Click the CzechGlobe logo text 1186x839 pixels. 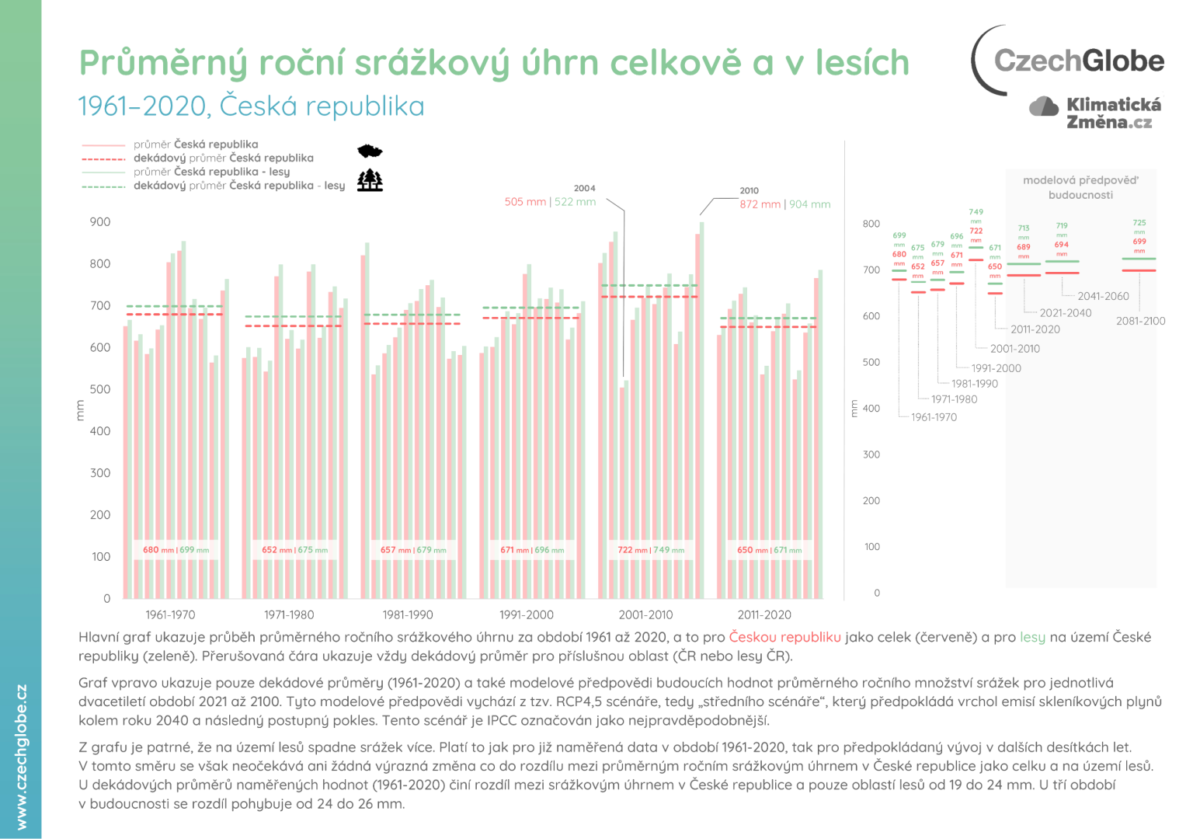(x=1078, y=61)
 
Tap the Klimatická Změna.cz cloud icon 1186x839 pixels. (x=1043, y=106)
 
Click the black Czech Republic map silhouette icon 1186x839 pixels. (x=370, y=151)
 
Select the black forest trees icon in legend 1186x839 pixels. (x=370, y=180)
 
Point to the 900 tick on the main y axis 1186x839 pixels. (x=100, y=222)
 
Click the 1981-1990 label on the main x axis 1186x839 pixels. (x=408, y=614)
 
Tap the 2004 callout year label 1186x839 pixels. (x=584, y=188)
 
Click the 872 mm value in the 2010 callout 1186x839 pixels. (x=760, y=204)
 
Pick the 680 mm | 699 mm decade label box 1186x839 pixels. (x=176, y=550)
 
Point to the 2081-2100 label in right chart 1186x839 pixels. (x=1140, y=321)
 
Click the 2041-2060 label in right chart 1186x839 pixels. (x=1103, y=296)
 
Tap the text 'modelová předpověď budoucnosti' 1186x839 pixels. (x=1080, y=187)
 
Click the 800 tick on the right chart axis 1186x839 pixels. (x=871, y=224)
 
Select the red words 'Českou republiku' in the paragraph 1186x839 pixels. (x=784, y=637)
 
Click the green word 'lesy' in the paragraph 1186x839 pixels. (x=1032, y=637)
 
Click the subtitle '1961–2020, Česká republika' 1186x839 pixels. (x=252, y=106)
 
